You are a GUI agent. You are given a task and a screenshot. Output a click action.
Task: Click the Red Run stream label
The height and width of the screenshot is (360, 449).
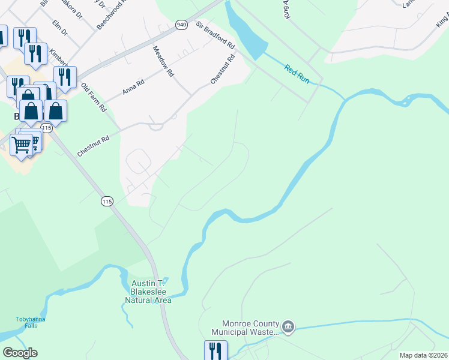click(297, 74)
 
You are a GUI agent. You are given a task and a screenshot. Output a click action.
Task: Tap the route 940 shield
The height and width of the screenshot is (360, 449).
click(181, 25)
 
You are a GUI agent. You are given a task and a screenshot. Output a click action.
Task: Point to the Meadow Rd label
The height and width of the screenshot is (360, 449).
click(163, 61)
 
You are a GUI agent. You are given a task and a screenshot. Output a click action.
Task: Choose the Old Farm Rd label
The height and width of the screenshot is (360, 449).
click(93, 97)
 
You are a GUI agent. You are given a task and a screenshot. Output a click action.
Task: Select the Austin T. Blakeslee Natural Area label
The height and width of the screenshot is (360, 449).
click(148, 292)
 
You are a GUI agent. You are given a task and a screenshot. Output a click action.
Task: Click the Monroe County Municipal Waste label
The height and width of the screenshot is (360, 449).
click(245, 327)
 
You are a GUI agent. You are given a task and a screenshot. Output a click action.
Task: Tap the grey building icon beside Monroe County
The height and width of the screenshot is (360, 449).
click(288, 326)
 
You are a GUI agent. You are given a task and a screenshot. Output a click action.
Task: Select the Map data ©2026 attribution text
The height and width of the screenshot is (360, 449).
click(423, 355)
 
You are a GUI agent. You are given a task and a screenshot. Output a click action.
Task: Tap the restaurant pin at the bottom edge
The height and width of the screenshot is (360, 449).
click(215, 350)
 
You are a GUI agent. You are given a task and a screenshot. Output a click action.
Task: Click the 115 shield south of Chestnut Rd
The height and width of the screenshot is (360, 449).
click(107, 202)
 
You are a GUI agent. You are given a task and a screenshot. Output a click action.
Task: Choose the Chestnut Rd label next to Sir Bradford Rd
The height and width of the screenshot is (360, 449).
click(221, 70)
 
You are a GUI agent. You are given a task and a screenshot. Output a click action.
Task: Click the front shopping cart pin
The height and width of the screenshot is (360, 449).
click(21, 145)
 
